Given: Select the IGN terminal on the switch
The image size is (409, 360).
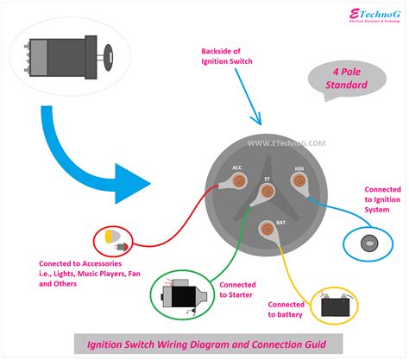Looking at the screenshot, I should tap(299, 181).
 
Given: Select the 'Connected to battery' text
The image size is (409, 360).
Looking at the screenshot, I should tap(286, 310).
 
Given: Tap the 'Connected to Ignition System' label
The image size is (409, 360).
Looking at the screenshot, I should tap(381, 200).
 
